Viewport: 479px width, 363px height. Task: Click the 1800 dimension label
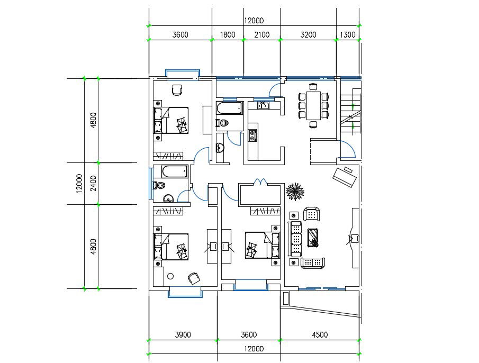click(228, 35)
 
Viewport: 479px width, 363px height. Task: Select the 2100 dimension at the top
click(261, 35)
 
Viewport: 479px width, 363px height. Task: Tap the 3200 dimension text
click(308, 35)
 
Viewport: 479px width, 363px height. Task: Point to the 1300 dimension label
click(347, 35)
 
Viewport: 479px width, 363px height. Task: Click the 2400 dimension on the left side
click(93, 183)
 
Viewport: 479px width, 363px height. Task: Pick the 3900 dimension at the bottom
click(183, 334)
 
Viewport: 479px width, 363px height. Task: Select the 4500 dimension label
click(320, 334)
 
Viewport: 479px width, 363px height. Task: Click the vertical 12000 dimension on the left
click(79, 183)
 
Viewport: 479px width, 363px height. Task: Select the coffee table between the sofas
click(313, 238)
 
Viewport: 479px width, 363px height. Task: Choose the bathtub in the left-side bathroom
click(174, 172)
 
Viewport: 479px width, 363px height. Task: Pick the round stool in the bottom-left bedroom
click(170, 276)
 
